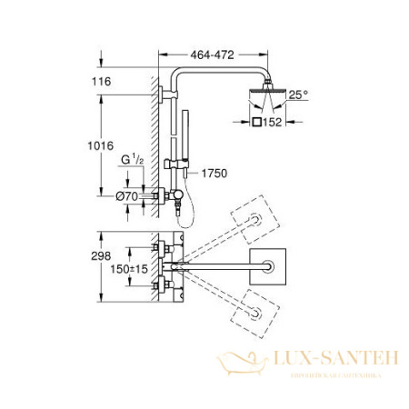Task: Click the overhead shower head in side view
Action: pyautogui.click(x=261, y=97)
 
